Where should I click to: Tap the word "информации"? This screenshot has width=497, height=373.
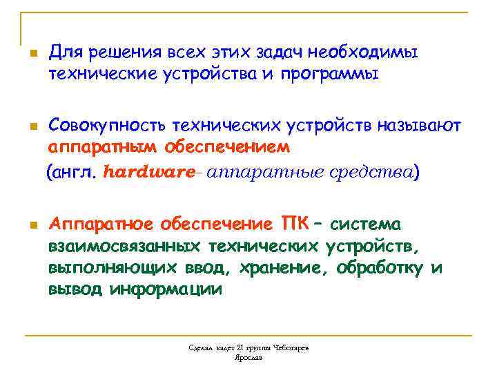pyautogui.click(x=166, y=289)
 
